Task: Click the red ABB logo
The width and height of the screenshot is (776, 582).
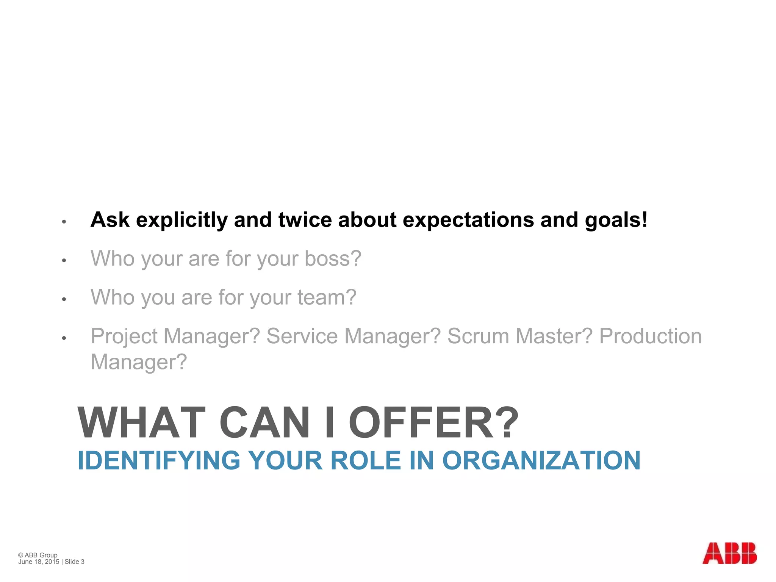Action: click(x=729, y=553)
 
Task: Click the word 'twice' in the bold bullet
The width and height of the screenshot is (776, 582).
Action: click(x=305, y=220)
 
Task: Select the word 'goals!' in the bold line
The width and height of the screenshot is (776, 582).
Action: click(x=616, y=220)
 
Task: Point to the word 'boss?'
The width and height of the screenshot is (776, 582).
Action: click(x=333, y=258)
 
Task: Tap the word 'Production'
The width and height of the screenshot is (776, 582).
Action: click(x=650, y=336)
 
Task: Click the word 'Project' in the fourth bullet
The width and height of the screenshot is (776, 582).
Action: click(x=124, y=336)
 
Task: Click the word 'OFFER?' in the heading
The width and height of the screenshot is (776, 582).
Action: click(x=433, y=422)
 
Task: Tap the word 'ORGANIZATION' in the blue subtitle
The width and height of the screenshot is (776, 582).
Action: click(x=541, y=460)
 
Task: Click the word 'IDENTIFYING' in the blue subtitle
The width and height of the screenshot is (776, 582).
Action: click(x=159, y=460)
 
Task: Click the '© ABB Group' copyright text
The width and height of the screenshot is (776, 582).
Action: click(x=38, y=555)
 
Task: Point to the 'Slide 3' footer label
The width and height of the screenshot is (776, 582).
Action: click(x=74, y=562)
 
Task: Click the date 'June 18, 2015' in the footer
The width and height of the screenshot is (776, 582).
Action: click(x=39, y=562)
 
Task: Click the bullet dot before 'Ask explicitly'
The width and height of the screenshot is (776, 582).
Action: click(x=64, y=222)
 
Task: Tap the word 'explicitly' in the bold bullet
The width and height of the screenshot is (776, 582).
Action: click(x=181, y=220)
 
